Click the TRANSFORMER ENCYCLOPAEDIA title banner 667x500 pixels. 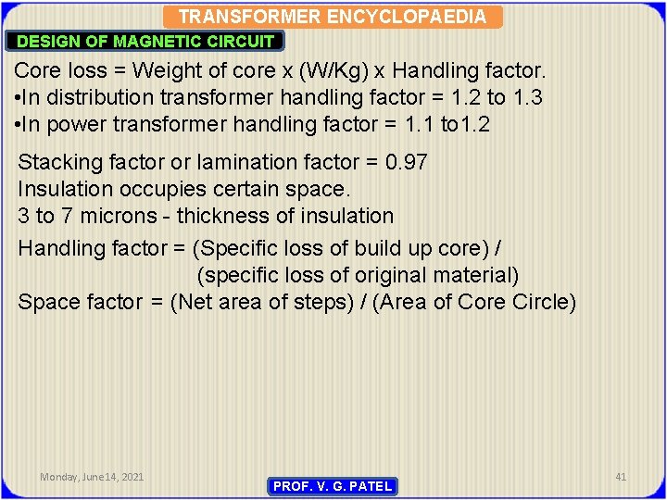tap(332, 17)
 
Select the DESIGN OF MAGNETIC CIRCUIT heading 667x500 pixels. tap(146, 41)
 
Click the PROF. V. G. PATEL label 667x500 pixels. tap(333, 486)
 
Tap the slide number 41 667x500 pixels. tap(621, 477)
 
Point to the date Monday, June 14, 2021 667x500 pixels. tap(92, 477)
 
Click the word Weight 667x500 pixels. tap(166, 70)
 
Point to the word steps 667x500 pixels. tap(324, 302)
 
